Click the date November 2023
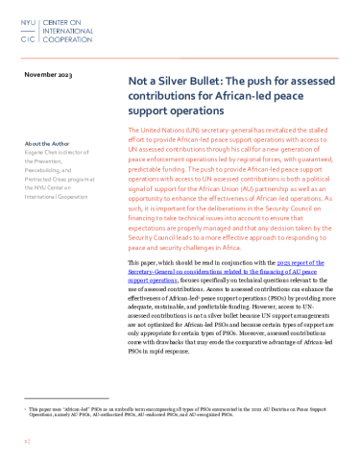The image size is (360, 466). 50,74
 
